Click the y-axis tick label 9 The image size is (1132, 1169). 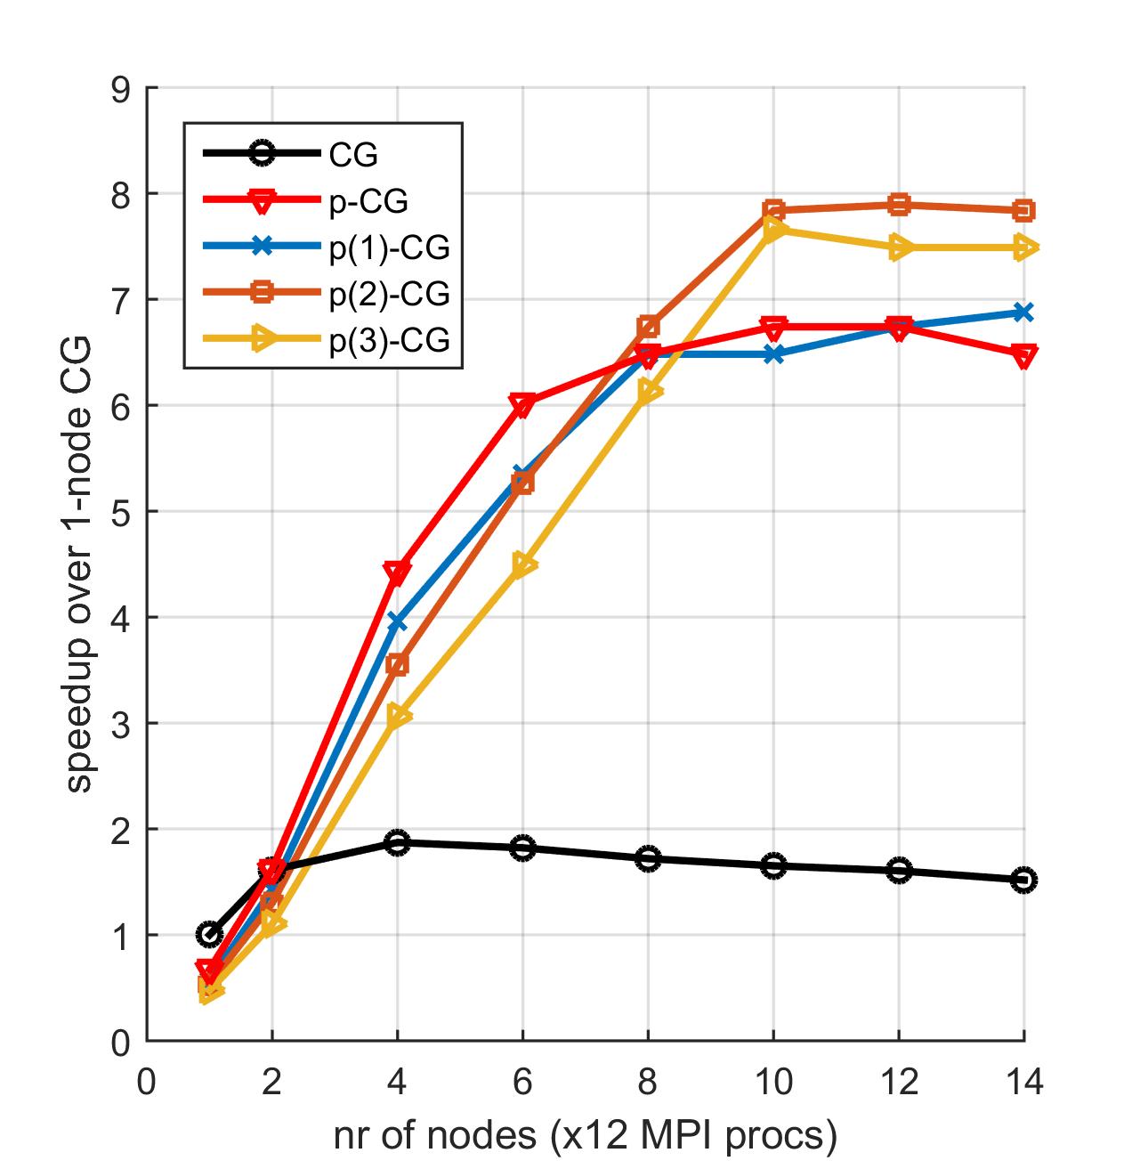tap(121, 89)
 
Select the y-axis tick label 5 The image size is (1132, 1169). tap(121, 512)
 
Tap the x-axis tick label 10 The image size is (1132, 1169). tap(773, 1083)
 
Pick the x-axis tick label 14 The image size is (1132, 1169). tap(1023, 1083)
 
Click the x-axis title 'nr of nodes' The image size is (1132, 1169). tap(586, 1135)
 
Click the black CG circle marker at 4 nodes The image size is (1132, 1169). tap(397, 842)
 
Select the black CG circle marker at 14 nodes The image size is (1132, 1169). tap(1023, 880)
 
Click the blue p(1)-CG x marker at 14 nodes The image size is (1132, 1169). tap(1023, 312)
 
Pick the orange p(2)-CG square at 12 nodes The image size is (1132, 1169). tap(899, 205)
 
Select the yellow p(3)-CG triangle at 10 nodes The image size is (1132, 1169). tap(773, 230)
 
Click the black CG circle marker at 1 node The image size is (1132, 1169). tap(209, 934)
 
